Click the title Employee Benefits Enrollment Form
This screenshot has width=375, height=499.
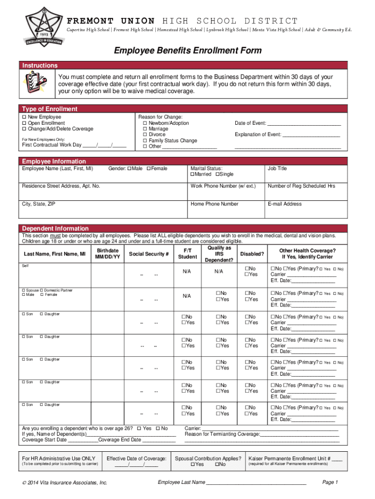(187, 51)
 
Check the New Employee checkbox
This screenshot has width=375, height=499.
(24, 117)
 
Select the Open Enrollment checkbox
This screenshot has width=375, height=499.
(24, 123)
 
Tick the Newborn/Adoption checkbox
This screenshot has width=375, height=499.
(145, 123)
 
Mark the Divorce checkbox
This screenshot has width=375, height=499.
(145, 135)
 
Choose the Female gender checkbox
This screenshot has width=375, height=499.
(148, 169)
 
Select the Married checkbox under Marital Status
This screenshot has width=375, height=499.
(192, 174)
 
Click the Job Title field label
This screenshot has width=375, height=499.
(277, 169)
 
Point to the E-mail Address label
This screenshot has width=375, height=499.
(284, 204)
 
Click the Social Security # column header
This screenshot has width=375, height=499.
(149, 254)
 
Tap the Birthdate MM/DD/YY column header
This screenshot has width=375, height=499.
(108, 253)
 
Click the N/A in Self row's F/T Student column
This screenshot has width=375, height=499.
(187, 271)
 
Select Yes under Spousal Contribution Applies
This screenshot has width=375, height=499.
(192, 465)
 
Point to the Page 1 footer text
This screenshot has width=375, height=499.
(330, 482)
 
